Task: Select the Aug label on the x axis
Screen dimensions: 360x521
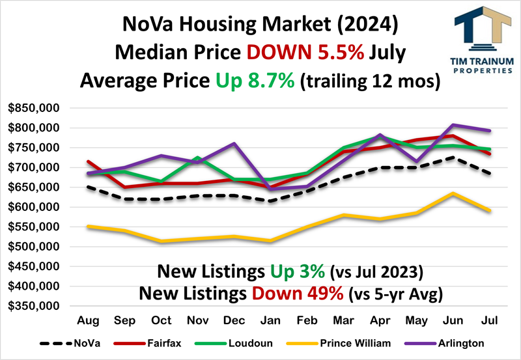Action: click(88, 321)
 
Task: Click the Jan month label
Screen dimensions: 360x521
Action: click(270, 321)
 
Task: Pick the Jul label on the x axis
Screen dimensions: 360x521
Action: click(488, 321)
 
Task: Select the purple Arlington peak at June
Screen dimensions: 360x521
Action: click(453, 124)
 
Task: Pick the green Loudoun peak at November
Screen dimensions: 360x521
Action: click(197, 158)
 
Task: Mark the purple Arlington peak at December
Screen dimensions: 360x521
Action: click(233, 143)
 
